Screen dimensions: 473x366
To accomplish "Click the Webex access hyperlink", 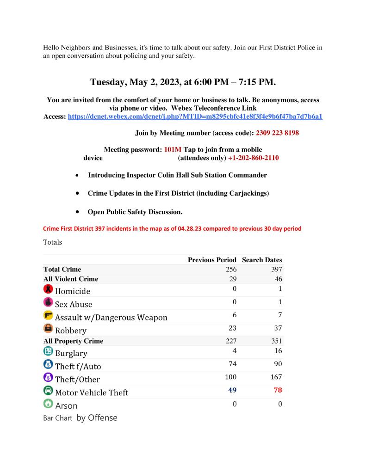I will point(195,117).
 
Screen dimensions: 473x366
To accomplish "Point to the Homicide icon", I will point(48,289).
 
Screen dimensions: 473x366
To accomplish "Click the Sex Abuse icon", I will point(48,302).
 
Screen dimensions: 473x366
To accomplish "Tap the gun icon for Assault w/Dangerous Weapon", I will point(48,316).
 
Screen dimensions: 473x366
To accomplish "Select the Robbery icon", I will point(48,329).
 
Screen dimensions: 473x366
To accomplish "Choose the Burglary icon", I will point(48,351).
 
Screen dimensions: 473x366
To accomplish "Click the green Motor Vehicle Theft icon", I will point(48,391).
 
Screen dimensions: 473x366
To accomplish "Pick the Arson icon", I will point(48,404).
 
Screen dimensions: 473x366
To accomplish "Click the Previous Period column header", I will point(212,260).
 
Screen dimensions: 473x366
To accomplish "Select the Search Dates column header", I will point(262,260).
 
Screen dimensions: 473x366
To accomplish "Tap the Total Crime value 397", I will point(276,270).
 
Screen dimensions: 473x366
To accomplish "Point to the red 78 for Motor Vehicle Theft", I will point(278,390).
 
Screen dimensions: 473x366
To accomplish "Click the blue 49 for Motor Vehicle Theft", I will point(232,390).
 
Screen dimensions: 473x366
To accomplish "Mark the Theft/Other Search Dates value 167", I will point(276,377).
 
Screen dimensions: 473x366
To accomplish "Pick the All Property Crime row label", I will point(73,341).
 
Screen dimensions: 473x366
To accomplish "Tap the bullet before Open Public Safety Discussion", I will point(76,212).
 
